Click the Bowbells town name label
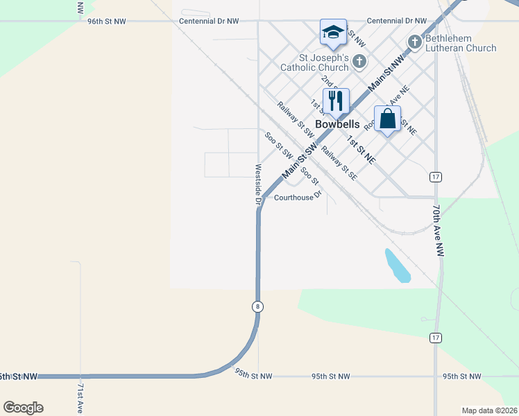pos(337,125)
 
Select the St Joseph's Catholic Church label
pos(314,62)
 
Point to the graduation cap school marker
pos(333,32)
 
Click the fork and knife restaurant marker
pos(336,101)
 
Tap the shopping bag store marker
pos(387,119)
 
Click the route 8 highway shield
pos(257,306)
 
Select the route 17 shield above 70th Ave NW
pos(435,177)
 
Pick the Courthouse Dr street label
pos(298,198)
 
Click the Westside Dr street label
pos(257,184)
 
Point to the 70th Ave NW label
pos(437,231)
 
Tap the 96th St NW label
pos(107,21)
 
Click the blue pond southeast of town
pos(397,266)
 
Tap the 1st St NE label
pos(361,150)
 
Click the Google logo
pos(23,408)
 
